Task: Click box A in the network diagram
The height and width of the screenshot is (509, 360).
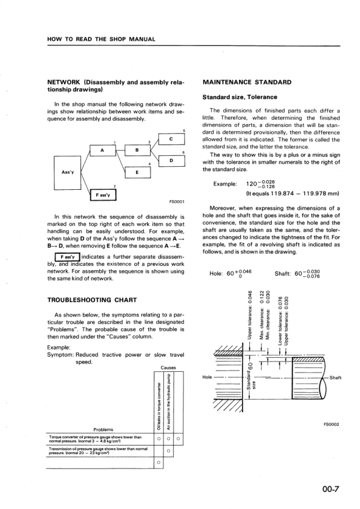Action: point(102,151)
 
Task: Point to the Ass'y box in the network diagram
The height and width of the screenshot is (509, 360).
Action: point(67,171)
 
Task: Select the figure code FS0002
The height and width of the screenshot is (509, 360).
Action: point(330,424)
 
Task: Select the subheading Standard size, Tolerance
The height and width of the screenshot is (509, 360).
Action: point(239,97)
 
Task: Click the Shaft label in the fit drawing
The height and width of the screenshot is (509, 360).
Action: point(338,378)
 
